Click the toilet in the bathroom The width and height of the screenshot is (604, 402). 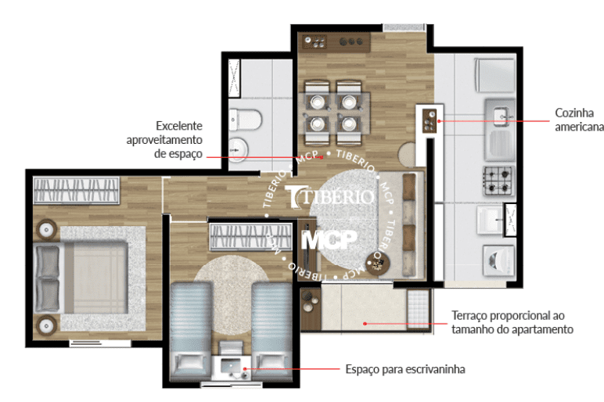coord(245,120)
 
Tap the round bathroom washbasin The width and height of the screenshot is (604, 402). coord(239,149)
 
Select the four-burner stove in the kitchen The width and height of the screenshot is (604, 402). coord(499,180)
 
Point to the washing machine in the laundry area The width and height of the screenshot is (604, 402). coord(499,260)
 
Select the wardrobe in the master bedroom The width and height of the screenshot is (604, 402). coord(76,190)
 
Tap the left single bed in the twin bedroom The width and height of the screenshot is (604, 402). coord(191,330)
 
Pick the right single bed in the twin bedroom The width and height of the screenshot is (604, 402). coord(271,330)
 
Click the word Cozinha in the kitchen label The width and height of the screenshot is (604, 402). coord(574,113)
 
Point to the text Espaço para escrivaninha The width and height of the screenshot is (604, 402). coord(405,369)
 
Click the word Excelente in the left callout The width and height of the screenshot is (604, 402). coord(179,126)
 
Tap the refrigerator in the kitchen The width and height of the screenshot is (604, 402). coord(494,75)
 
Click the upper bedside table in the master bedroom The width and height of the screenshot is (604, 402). coord(47,230)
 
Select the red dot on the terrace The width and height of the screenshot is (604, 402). coord(365,324)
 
